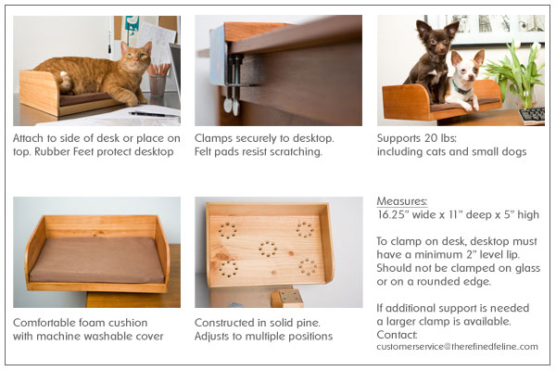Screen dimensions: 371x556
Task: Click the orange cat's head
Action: tap(137, 57)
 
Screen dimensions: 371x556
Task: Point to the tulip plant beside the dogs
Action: tap(524, 70)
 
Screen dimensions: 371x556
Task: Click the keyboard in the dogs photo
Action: tap(533, 115)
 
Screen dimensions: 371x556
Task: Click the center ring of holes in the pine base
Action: tap(268, 249)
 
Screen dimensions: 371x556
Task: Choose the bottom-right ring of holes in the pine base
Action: tap(308, 266)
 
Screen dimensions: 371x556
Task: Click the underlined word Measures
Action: tap(402, 200)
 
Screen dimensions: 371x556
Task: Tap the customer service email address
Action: tap(458, 346)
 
